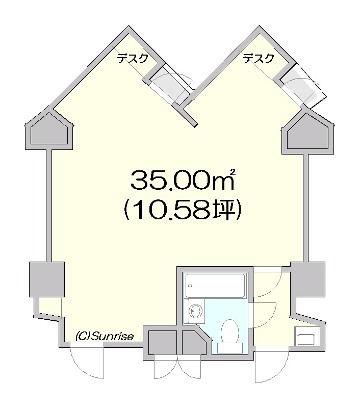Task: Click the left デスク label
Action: (133, 58)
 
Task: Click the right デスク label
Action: (259, 58)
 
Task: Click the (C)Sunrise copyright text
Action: (105, 337)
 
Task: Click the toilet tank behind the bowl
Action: (230, 348)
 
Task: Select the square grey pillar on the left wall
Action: (47, 279)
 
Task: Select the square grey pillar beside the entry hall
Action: (307, 279)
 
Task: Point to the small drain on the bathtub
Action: (190, 286)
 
